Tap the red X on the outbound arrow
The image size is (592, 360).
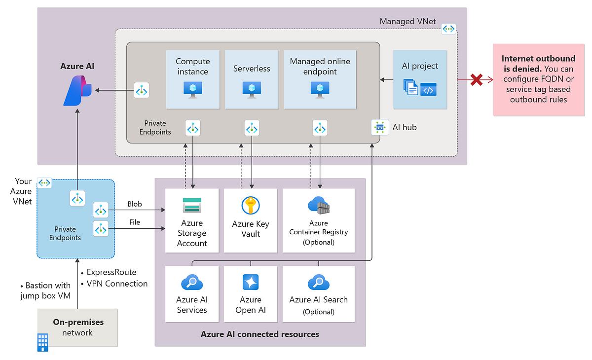(x=476, y=79)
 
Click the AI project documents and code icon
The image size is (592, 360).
(x=420, y=88)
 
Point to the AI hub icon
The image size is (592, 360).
(x=379, y=127)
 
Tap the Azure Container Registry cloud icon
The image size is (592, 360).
(x=318, y=205)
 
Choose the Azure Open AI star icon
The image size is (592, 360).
(x=250, y=282)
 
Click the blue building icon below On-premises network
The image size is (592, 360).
(x=43, y=342)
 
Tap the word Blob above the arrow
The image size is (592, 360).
(x=134, y=204)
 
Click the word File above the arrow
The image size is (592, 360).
(x=134, y=222)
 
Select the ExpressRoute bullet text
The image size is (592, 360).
(x=111, y=272)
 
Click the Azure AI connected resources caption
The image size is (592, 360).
(x=260, y=334)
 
